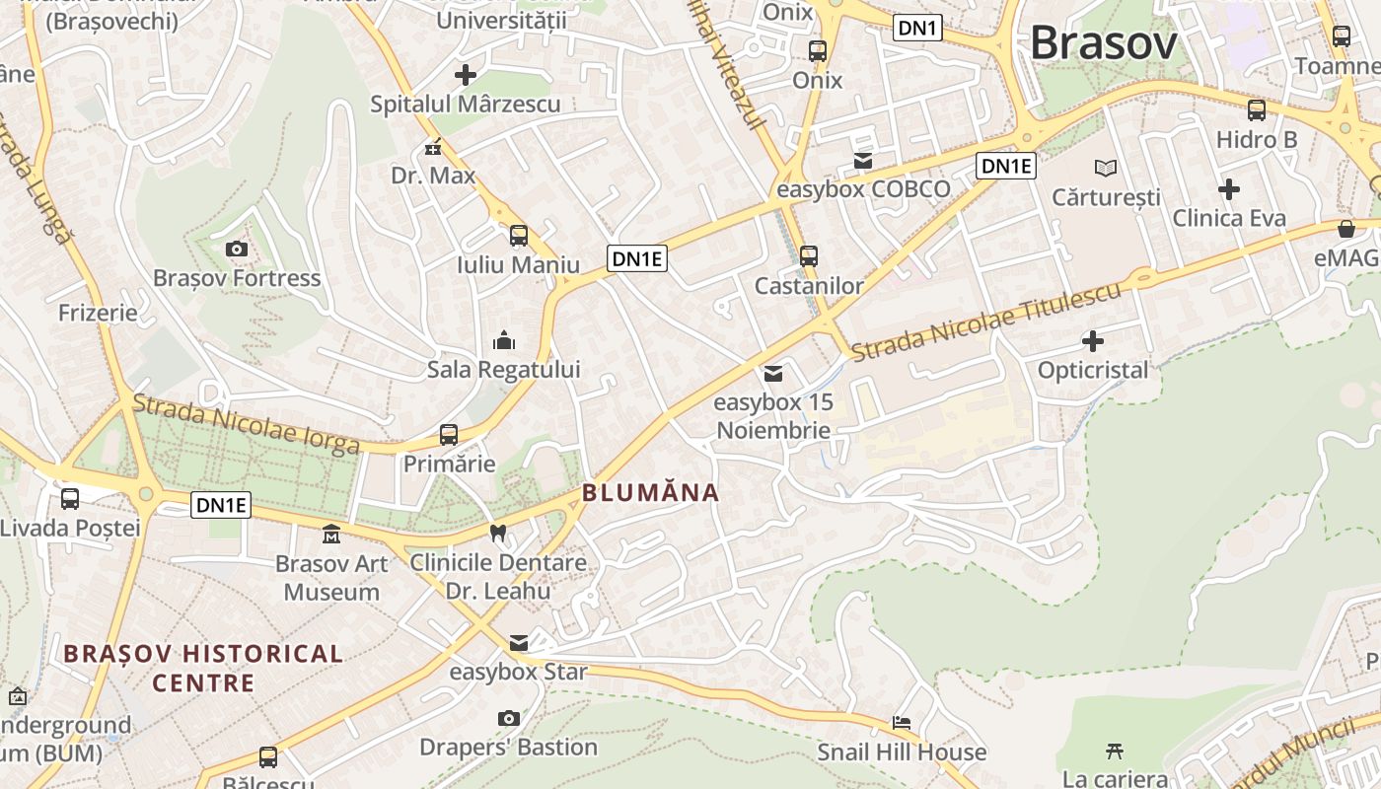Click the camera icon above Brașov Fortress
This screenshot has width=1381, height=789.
(237, 249)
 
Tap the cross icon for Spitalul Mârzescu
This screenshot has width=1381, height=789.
(465, 74)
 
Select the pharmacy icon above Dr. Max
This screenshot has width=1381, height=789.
(433, 148)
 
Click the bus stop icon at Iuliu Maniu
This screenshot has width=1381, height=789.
(519, 236)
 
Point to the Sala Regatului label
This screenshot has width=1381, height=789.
(503, 370)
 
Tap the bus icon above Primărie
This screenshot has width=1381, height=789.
(449, 435)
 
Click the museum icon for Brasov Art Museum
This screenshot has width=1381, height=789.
(331, 535)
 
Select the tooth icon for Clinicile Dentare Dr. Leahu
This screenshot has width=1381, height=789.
(498, 534)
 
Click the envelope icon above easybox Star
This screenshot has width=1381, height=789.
(519, 643)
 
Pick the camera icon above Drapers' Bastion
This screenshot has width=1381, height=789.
(509, 718)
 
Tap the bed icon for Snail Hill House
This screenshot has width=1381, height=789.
(902, 723)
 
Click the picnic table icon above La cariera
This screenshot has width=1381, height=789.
(1115, 751)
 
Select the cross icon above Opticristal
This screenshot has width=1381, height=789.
(1093, 341)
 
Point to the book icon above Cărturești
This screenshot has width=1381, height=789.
(1106, 168)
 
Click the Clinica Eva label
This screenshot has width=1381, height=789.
(1229, 218)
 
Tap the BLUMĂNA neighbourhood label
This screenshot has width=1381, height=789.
(651, 492)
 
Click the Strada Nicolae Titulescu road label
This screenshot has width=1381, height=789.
(986, 322)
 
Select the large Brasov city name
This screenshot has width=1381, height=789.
(1104, 43)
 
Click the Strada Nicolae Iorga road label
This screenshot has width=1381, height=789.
(246, 425)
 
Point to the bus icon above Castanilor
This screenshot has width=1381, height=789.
(809, 256)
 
